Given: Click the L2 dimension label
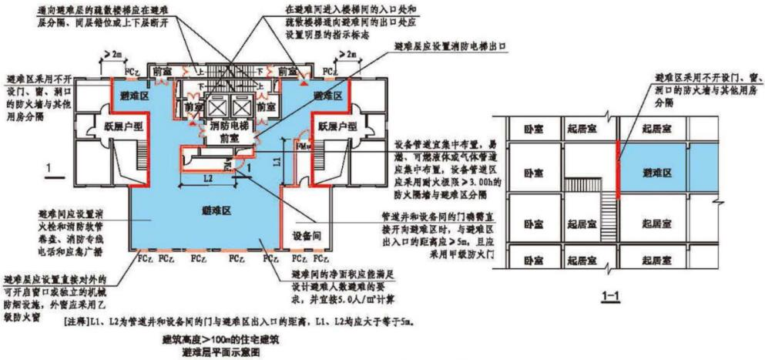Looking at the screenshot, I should [207, 179].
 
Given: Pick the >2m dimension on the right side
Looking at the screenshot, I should [350, 54].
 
